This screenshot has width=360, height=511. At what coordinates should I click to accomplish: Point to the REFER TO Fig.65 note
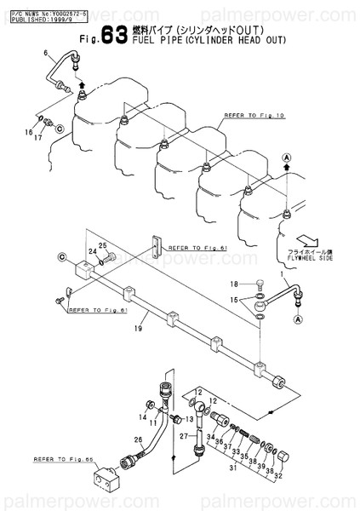tap(59, 458)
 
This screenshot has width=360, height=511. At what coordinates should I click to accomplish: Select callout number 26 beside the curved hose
tap(139, 439)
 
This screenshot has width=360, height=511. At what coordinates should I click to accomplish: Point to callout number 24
tap(92, 252)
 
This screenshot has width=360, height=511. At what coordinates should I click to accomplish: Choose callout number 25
tap(103, 245)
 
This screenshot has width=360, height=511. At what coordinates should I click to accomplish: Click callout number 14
tap(143, 416)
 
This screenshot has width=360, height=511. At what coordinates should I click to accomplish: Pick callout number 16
tap(28, 133)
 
